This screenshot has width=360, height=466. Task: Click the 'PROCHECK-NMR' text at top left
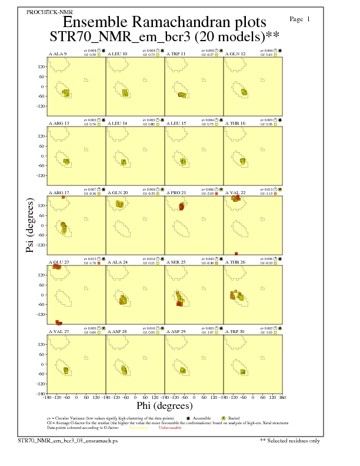[x=45, y=12]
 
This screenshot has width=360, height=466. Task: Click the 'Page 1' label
[x=300, y=19]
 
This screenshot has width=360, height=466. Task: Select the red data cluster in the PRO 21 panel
[x=182, y=207]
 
